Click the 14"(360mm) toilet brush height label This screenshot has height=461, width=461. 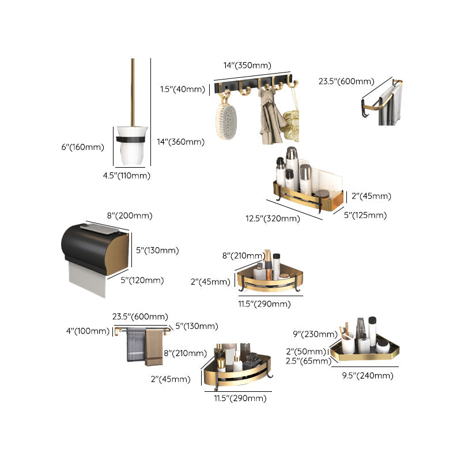coord(180,142)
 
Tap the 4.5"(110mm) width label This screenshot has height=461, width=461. coord(126,176)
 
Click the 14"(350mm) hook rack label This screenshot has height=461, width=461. coord(247,65)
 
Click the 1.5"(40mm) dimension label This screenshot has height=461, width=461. coord(182,89)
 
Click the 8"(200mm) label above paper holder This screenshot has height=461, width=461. coord(129,216)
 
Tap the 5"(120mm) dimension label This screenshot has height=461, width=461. coord(142,281)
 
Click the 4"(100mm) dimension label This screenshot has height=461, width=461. coord(88,331)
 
